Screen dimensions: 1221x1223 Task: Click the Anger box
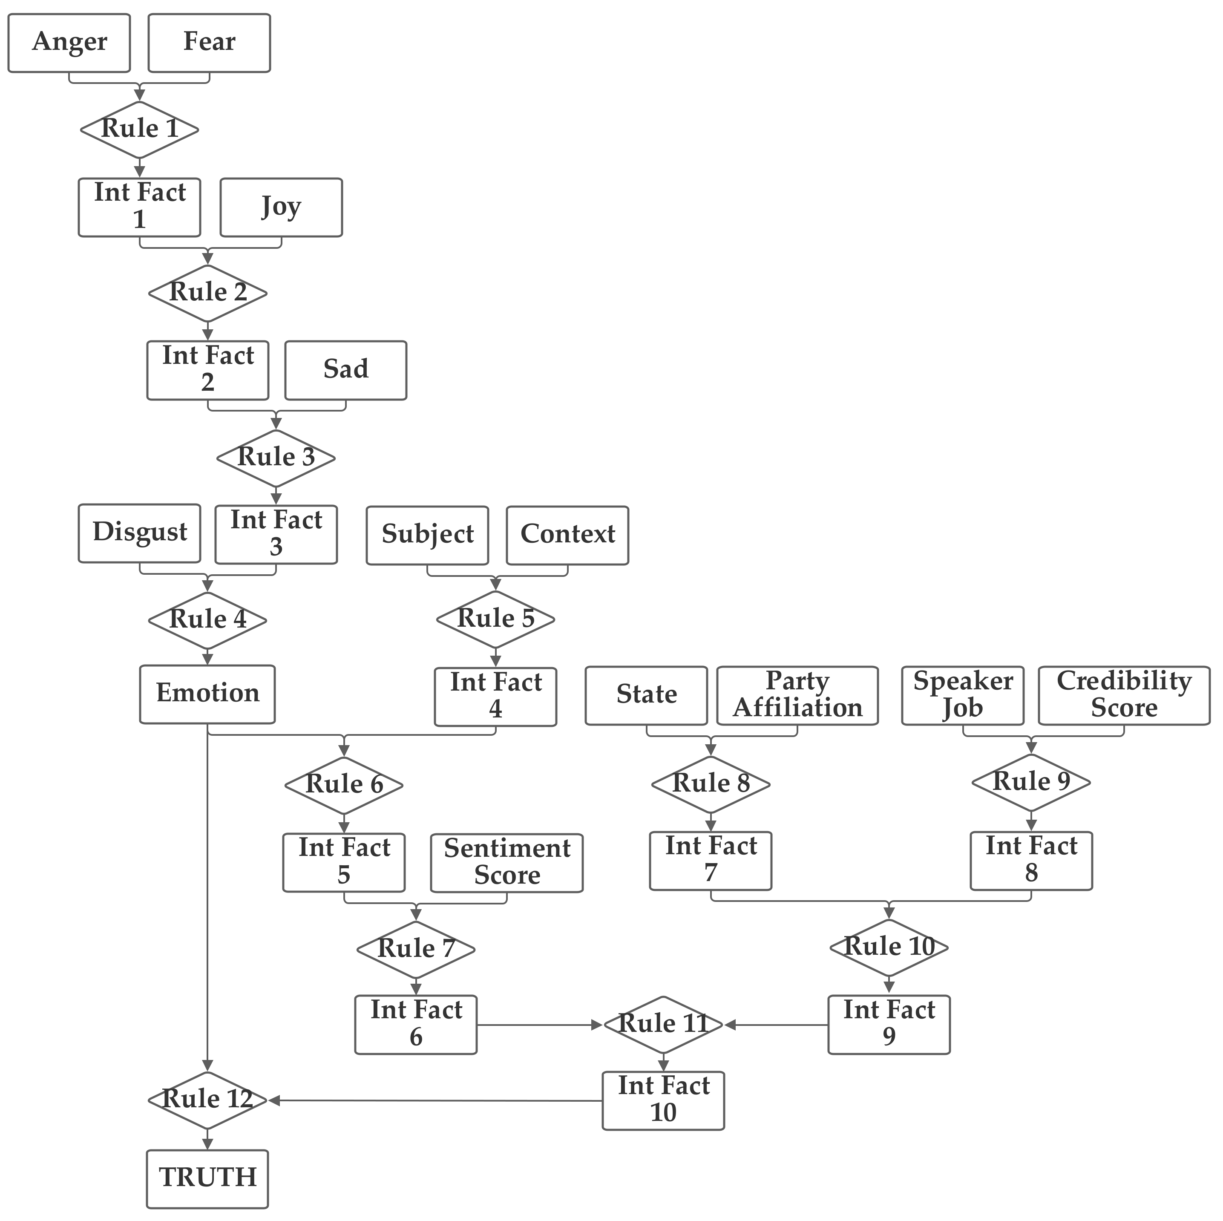coord(69,43)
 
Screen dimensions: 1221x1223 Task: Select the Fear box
coord(210,43)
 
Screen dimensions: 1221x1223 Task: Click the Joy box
coord(281,207)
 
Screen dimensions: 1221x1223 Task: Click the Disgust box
coord(139,533)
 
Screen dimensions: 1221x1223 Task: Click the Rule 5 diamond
coord(496,619)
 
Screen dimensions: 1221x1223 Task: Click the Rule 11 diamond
coord(663,1025)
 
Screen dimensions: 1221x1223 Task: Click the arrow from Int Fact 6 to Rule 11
coord(538,1025)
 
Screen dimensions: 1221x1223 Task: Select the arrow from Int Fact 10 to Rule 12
coord(437,1101)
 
